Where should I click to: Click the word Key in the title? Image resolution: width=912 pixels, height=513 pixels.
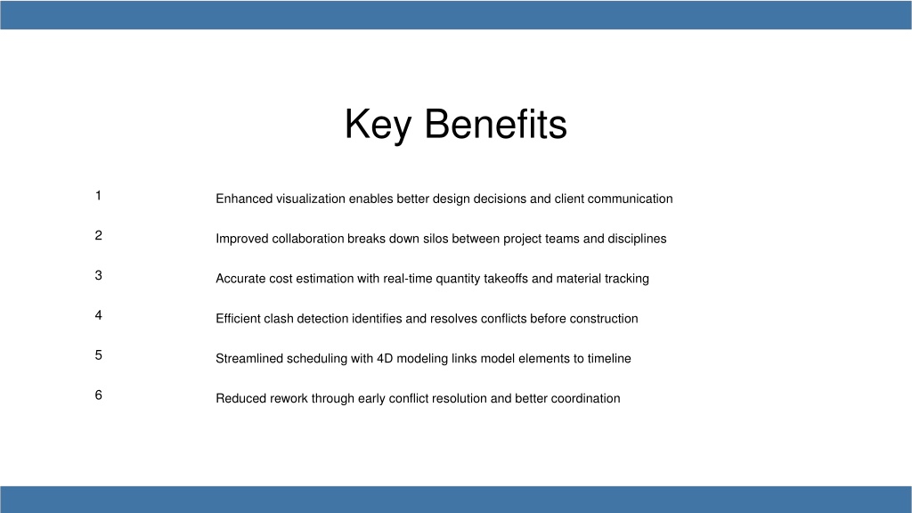(378, 125)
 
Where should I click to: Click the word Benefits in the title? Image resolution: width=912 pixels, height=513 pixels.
(495, 124)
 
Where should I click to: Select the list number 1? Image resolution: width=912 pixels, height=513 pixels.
(98, 195)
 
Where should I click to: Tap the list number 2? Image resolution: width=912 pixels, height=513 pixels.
(98, 235)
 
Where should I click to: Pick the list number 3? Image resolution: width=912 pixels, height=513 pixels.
(98, 275)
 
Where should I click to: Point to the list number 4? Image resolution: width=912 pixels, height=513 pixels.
(98, 315)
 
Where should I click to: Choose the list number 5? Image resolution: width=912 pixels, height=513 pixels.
(98, 355)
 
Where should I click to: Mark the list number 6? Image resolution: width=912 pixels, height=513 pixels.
(98, 395)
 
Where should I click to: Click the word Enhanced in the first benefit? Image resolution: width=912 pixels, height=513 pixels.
(244, 199)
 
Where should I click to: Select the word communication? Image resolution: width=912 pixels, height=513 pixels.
(630, 199)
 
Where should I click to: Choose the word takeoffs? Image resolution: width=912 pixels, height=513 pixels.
(506, 279)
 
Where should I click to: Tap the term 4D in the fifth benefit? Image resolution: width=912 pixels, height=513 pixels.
(385, 358)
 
